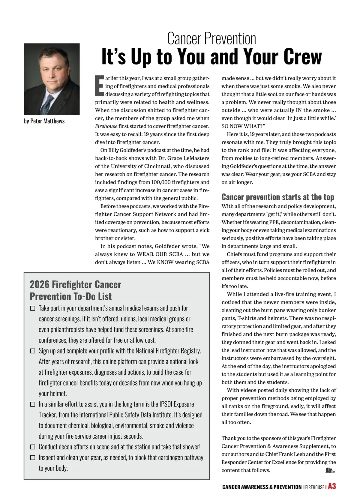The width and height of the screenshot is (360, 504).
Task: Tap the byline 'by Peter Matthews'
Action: tap(44, 121)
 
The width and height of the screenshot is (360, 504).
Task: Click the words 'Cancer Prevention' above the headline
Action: tap(211, 39)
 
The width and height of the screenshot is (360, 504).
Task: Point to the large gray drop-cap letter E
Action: tap(99, 86)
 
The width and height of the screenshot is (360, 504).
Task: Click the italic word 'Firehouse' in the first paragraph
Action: tap(106, 126)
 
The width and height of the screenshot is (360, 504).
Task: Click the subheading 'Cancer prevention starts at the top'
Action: tap(278, 197)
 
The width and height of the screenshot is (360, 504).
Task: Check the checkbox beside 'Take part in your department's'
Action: tap(33, 308)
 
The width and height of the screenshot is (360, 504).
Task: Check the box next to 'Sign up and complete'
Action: tap(33, 351)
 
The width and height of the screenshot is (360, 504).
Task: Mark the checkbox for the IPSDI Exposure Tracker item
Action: tap(33, 404)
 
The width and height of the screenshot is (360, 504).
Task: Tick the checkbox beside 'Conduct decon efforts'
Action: tap(33, 447)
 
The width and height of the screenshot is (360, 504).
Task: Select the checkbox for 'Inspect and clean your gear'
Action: tap(33, 458)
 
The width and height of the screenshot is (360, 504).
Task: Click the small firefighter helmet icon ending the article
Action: tap(330, 470)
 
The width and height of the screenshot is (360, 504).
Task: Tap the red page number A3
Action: tap(332, 487)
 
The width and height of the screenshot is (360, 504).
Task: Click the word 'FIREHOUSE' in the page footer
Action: tap(315, 487)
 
